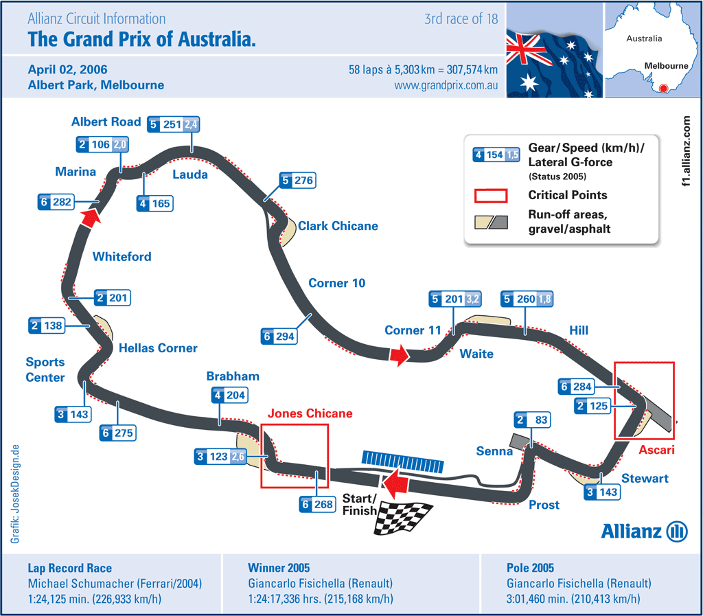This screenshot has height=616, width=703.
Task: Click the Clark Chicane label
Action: click(x=338, y=226)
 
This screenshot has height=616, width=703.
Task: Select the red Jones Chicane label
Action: click(x=310, y=413)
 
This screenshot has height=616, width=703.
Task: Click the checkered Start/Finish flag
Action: click(x=403, y=518)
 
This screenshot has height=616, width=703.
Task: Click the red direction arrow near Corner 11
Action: click(x=399, y=355)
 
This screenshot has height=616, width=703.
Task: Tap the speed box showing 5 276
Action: click(x=297, y=181)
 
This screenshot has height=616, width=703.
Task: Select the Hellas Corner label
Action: click(x=158, y=348)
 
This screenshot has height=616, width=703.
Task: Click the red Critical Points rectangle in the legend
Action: click(x=490, y=195)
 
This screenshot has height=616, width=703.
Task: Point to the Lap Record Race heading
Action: click(x=70, y=568)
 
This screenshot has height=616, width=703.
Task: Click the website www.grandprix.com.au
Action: click(x=446, y=86)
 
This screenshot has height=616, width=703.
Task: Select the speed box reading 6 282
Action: click(x=56, y=202)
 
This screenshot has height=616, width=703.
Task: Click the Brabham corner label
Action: click(x=233, y=376)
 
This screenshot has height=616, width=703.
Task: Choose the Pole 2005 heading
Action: click(x=529, y=568)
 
